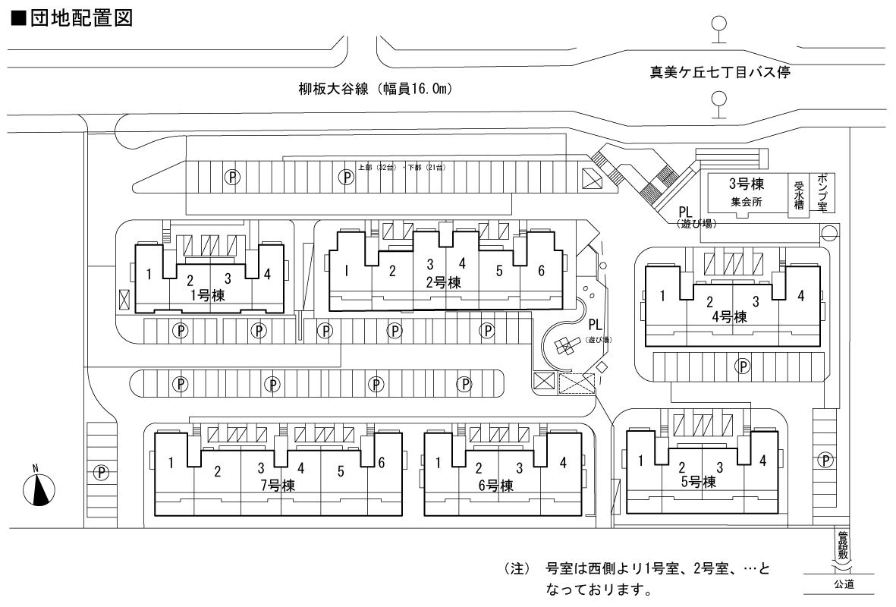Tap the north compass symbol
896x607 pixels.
pyautogui.click(x=39, y=489)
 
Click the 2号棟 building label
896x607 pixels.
pyautogui.click(x=444, y=282)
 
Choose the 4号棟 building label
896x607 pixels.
pyautogui.click(x=730, y=316)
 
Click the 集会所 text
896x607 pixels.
pyautogui.click(x=746, y=203)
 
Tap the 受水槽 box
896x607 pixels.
pyautogui.click(x=798, y=194)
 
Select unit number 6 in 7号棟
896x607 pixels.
pyautogui.click(x=380, y=462)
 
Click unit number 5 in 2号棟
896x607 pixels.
pyautogui.click(x=499, y=271)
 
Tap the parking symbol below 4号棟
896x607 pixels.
pyautogui.click(x=743, y=366)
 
